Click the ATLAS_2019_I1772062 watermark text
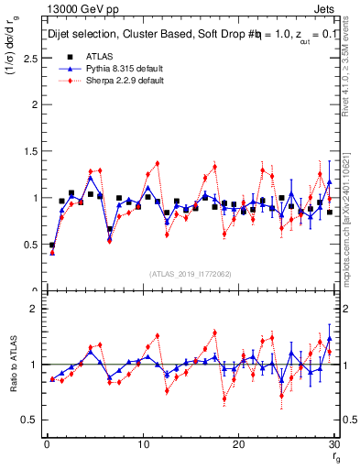(x=191, y=274)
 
